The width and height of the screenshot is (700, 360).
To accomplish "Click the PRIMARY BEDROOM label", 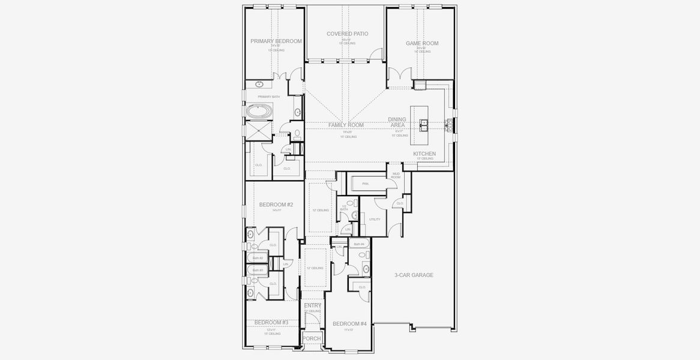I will click(276, 41).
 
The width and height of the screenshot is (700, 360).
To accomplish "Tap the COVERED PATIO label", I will click(347, 34).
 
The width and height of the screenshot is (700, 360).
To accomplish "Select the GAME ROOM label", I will click(421, 43).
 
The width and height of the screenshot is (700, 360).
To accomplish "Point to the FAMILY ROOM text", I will click(346, 125).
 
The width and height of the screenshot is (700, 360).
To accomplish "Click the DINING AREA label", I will click(397, 122).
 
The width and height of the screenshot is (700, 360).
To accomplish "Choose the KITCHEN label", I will click(424, 154).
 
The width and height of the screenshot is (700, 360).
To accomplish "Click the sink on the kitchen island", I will click(423, 125).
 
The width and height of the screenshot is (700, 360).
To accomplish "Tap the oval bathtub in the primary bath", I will click(259, 111).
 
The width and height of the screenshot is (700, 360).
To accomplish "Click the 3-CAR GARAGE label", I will click(414, 275).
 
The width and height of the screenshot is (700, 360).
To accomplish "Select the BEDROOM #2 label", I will click(276, 205).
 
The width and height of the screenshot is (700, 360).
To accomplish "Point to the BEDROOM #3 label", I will click(271, 323).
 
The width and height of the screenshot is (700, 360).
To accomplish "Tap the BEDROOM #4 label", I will click(349, 324).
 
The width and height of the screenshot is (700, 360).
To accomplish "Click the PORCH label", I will click(312, 339).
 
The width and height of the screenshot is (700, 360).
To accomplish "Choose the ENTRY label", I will click(312, 306).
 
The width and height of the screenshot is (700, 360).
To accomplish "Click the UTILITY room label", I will click(375, 219).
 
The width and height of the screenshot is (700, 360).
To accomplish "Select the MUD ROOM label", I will click(396, 176).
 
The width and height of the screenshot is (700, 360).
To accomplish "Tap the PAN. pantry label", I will click(365, 184).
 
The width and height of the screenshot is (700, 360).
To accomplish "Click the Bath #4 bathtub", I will click(359, 244).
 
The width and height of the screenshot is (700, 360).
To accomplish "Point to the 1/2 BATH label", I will click(344, 208).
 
